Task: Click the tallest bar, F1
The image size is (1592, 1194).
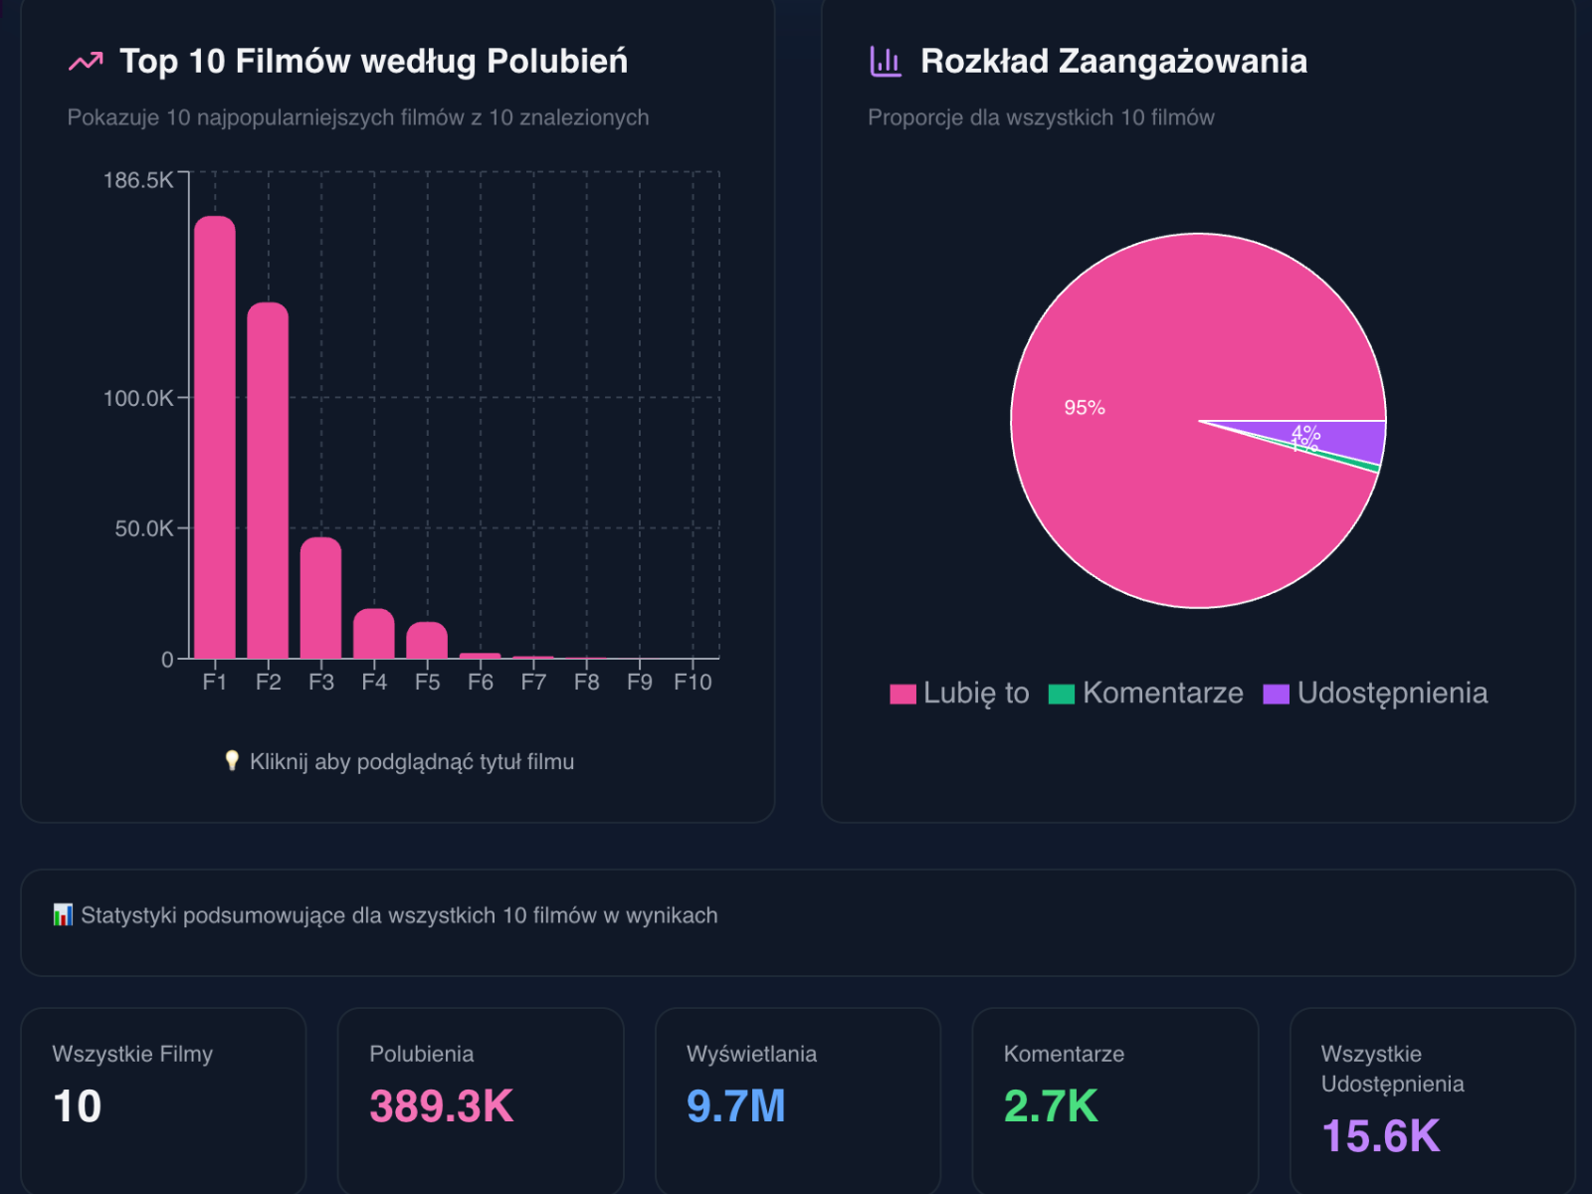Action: click(x=215, y=438)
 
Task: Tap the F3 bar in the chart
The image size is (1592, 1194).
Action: click(x=320, y=598)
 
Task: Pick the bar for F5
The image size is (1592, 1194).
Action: click(x=427, y=641)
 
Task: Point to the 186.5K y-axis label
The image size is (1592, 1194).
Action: click(x=137, y=180)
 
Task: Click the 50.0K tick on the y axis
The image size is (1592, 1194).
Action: click(x=143, y=528)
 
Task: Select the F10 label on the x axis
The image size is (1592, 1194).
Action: click(x=693, y=683)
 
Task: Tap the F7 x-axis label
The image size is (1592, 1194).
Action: click(x=533, y=683)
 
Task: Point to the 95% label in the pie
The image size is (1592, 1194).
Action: click(x=1085, y=408)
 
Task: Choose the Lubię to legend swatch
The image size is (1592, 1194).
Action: click(x=902, y=695)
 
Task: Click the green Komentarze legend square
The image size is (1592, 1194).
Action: click(x=1062, y=695)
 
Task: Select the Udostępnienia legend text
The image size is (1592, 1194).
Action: click(x=1392, y=694)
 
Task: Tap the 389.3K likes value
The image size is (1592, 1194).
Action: click(x=442, y=1106)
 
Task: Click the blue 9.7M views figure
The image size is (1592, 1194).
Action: click(x=736, y=1106)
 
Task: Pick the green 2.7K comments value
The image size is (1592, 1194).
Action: click(x=1051, y=1106)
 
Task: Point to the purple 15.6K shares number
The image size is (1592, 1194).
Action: click(x=1381, y=1136)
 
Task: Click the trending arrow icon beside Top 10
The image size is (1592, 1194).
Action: click(x=86, y=62)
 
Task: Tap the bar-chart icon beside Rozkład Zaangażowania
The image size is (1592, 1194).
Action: click(x=886, y=62)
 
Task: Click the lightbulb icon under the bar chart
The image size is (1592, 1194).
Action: click(x=232, y=761)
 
